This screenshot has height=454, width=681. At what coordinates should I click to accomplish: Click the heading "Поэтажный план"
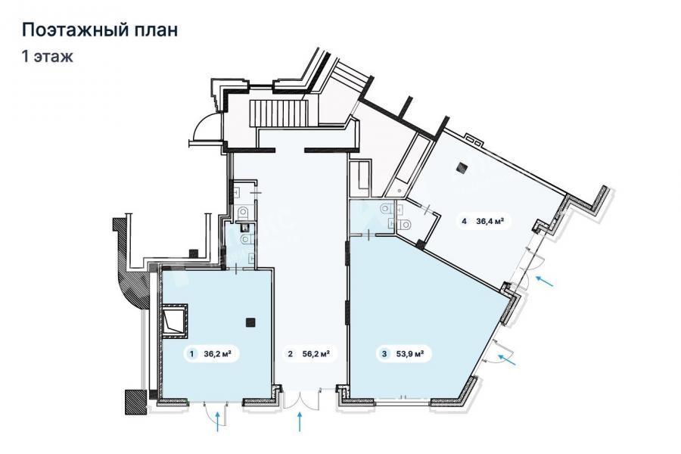coord(100,30)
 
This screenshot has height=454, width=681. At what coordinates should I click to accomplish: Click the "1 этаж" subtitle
coord(48,57)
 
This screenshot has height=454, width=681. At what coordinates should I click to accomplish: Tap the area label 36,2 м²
coord(217,353)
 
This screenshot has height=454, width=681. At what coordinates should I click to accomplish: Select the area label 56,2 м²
coord(316,353)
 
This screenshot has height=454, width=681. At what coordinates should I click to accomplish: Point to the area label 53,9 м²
coord(410,353)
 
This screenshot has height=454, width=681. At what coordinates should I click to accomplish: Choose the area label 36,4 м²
coord(490,221)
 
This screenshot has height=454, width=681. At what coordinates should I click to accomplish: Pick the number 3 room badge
coord(384,353)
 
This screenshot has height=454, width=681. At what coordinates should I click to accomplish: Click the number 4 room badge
coord(464,221)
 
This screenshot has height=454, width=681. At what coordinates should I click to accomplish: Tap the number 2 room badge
coord(290,353)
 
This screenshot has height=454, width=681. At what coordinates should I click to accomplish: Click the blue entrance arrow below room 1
coord(218,422)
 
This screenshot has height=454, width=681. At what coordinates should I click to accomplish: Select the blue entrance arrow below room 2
coord(299,422)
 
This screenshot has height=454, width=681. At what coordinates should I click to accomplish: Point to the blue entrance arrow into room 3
coord(507,359)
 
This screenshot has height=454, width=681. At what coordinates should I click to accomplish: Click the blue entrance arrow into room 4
coord(545,281)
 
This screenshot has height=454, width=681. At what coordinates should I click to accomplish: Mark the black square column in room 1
coord(250,322)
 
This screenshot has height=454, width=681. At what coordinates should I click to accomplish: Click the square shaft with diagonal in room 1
coord(175,322)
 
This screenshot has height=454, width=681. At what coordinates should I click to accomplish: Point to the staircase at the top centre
coord(278,113)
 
